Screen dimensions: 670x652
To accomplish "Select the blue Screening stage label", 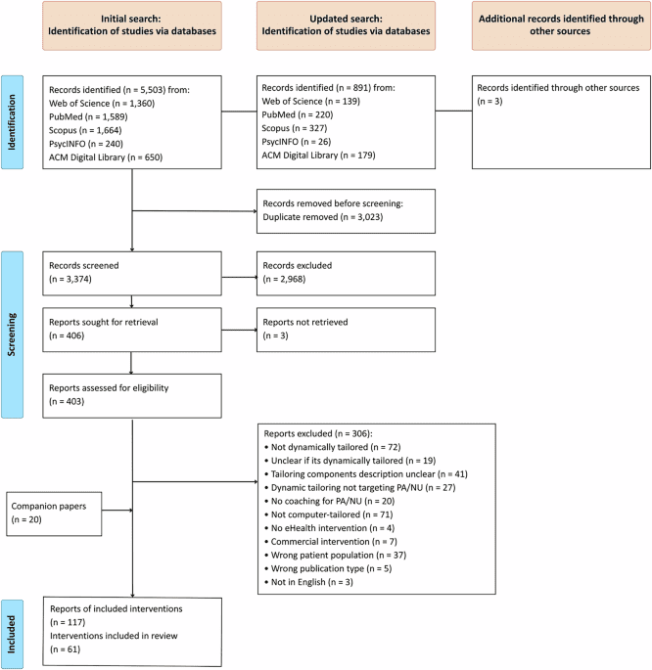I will point(15,324).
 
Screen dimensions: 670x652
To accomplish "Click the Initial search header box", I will point(131,25).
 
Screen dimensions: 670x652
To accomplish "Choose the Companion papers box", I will point(54,511).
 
